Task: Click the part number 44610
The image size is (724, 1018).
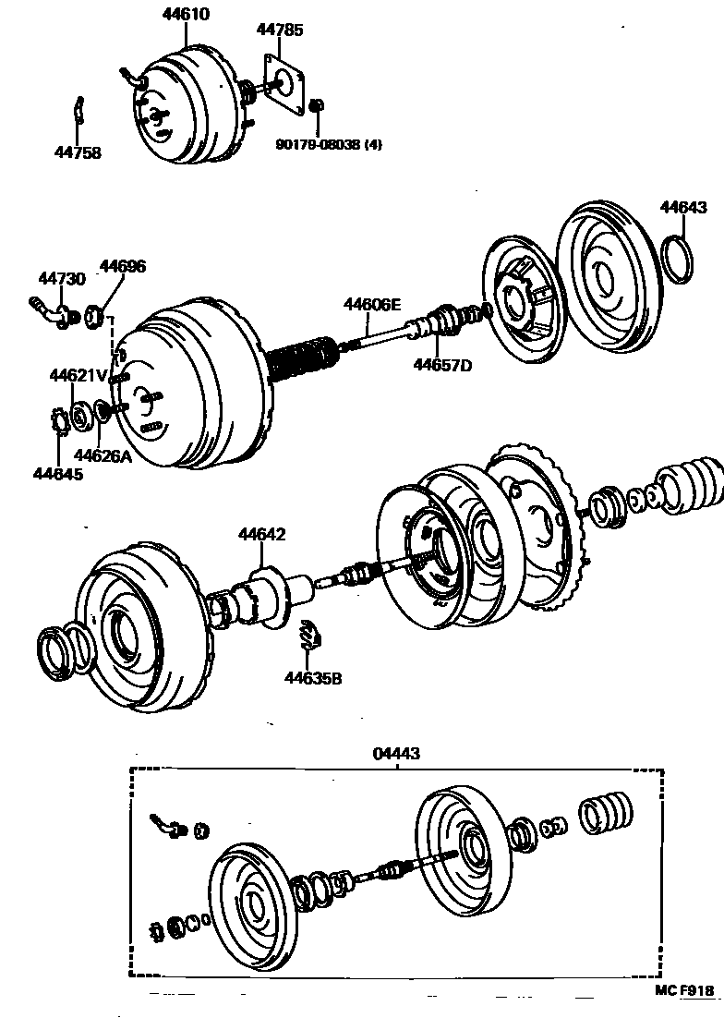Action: pyautogui.click(x=186, y=14)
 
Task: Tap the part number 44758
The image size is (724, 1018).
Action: pyautogui.click(x=78, y=153)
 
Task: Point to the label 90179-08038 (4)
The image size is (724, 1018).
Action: pyautogui.click(x=329, y=144)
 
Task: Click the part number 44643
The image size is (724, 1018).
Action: pyautogui.click(x=683, y=207)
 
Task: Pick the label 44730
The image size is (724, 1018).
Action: pyautogui.click(x=61, y=278)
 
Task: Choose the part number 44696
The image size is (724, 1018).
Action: pyautogui.click(x=123, y=266)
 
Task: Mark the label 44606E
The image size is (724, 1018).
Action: pyautogui.click(x=373, y=304)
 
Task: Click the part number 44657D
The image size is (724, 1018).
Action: pyautogui.click(x=442, y=365)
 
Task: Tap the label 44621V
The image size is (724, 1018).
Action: pyautogui.click(x=78, y=374)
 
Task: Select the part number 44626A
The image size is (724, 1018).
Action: pyautogui.click(x=103, y=454)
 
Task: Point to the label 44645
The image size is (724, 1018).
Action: pyautogui.click(x=57, y=474)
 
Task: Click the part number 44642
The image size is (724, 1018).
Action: pyautogui.click(x=262, y=534)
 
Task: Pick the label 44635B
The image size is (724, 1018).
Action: pyautogui.click(x=313, y=679)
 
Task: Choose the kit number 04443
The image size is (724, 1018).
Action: pyautogui.click(x=396, y=754)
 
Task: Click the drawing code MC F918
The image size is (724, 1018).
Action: pyautogui.click(x=685, y=992)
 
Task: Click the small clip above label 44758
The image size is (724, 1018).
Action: pyautogui.click(x=80, y=110)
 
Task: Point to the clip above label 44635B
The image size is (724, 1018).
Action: pyautogui.click(x=311, y=636)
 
